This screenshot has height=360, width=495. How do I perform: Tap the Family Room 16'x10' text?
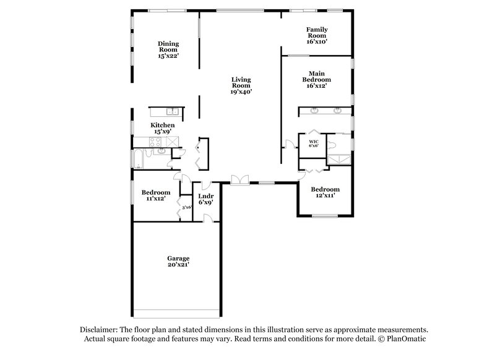point(317,36)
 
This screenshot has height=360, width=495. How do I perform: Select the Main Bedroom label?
point(316,80)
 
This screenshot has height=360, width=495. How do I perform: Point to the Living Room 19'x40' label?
point(241,86)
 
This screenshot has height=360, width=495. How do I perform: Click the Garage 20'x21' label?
point(178,262)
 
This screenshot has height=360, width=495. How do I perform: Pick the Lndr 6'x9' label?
point(205,199)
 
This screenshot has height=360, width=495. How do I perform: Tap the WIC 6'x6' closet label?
point(313,144)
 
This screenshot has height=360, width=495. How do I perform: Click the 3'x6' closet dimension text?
point(186,207)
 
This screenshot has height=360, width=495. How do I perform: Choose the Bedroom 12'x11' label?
point(325,192)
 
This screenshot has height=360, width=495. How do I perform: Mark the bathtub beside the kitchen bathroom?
point(138,160)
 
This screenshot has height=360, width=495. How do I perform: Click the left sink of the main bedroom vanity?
point(314,111)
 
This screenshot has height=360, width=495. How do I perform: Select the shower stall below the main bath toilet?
point(338,159)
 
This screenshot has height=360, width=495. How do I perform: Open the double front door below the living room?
point(238,180)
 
